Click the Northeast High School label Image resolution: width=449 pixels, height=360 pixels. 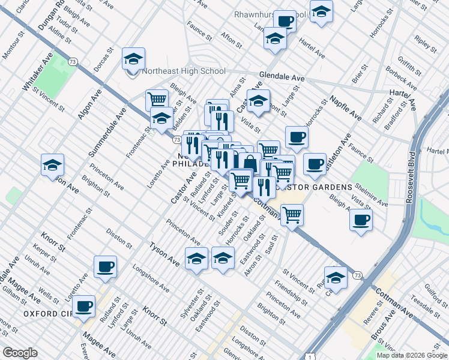(x=184, y=71)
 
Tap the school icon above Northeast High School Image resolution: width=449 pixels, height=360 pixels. (x=133, y=59)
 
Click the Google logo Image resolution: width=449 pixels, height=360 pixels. (x=20, y=353)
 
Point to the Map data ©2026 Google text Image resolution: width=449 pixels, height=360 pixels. (x=412, y=355)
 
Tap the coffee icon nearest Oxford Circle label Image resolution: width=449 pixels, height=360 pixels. (x=83, y=306)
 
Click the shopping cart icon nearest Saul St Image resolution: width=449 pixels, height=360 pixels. (x=292, y=215)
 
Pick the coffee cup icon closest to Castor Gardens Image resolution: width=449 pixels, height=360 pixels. (x=314, y=164)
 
